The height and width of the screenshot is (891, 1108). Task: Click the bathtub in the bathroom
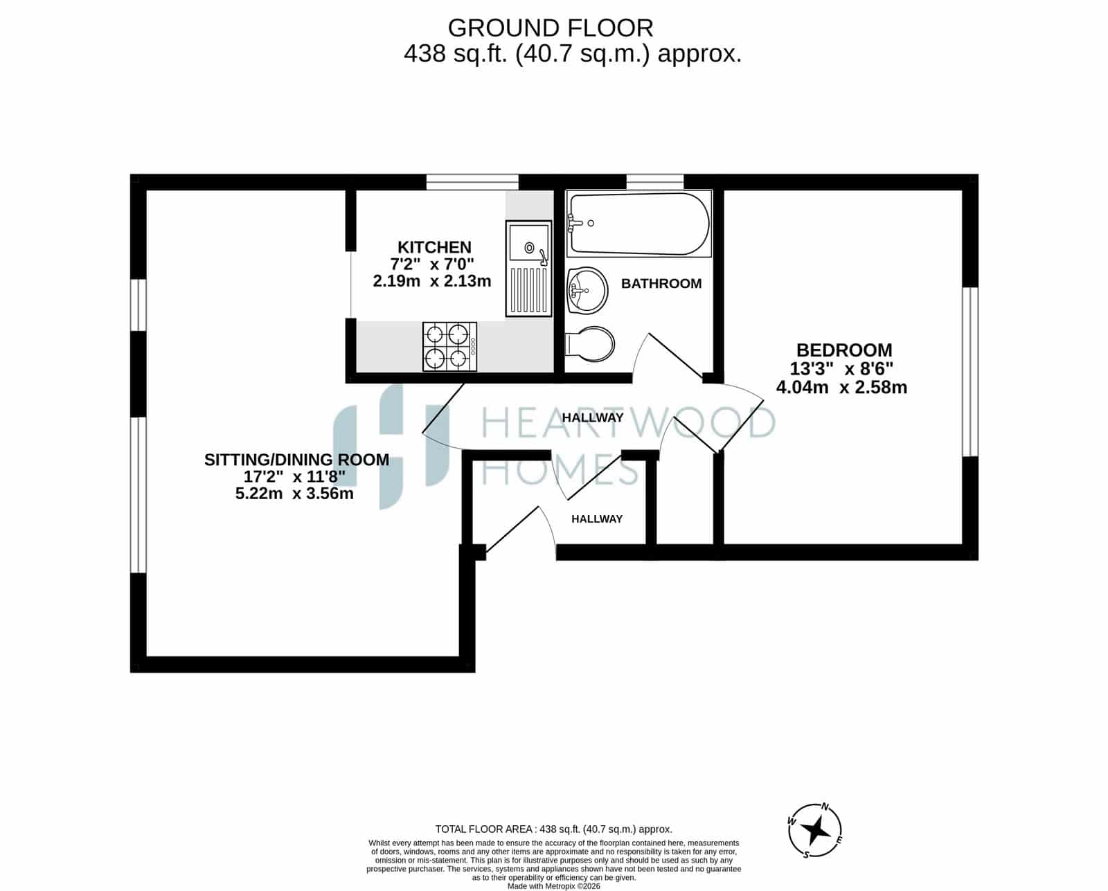click(x=638, y=224)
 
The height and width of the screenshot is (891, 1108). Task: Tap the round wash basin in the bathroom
click(x=587, y=290)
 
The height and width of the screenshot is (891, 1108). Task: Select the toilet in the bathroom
click(x=590, y=344)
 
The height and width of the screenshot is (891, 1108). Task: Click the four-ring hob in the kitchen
click(x=449, y=346)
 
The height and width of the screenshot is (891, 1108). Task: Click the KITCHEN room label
click(x=434, y=247)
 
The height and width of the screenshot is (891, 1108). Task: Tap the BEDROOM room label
click(x=844, y=350)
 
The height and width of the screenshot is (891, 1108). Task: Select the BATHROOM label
click(x=661, y=284)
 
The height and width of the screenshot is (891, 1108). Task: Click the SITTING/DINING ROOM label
click(x=296, y=460)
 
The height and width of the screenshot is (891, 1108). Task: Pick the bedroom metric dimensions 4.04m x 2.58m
click(x=841, y=387)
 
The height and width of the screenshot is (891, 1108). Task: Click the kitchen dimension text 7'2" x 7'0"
click(x=431, y=264)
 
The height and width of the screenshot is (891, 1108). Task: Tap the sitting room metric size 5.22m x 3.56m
click(x=294, y=494)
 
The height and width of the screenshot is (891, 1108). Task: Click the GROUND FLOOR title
click(x=551, y=28)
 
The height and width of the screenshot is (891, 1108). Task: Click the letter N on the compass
click(x=824, y=807)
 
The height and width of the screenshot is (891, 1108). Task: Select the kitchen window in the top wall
click(x=472, y=182)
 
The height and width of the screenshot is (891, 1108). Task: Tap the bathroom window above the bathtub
click(x=655, y=181)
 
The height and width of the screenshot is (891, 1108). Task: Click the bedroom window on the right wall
click(x=970, y=372)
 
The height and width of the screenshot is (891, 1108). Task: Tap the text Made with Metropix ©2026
click(x=553, y=886)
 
